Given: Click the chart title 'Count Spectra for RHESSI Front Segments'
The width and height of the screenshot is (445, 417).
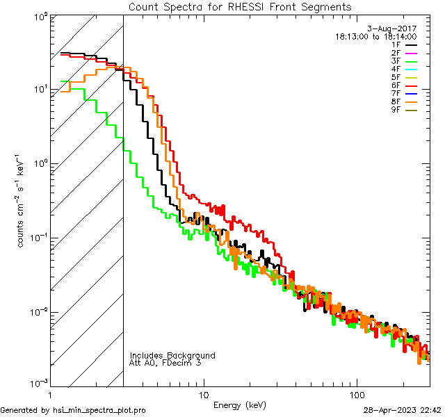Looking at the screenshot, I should coord(241,6).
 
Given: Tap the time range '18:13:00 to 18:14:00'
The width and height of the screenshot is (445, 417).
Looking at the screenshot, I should coord(376,36).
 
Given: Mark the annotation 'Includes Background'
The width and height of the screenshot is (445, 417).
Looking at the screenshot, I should coord(172,355).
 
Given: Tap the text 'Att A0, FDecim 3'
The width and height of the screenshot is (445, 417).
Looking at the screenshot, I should coord(165,363).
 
